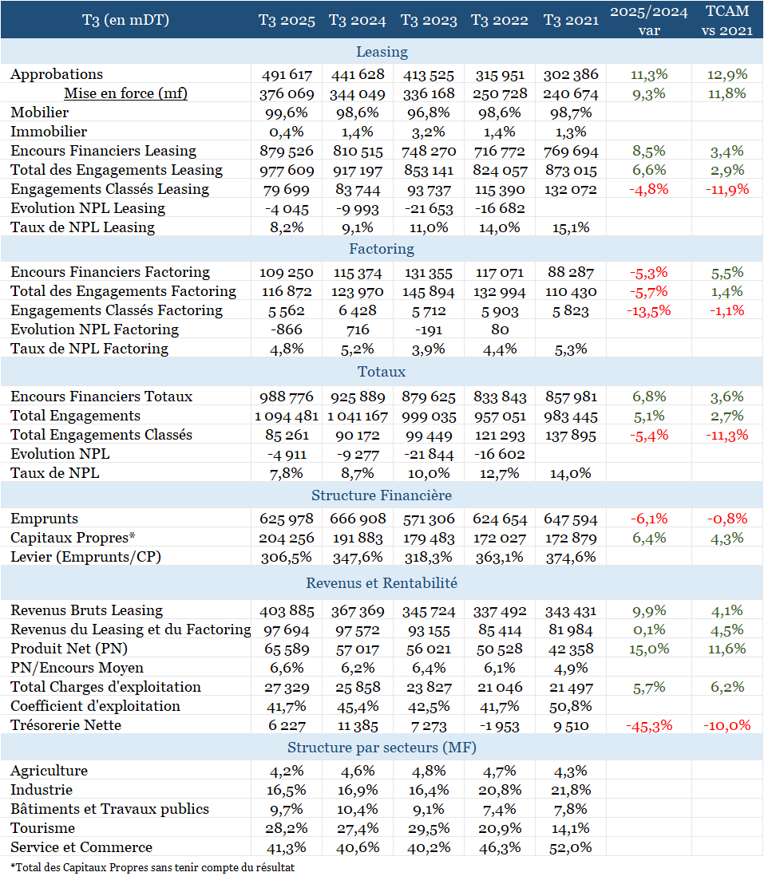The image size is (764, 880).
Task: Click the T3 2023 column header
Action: pyautogui.click(x=429, y=20)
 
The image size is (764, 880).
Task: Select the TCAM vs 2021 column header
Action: pyautogui.click(x=727, y=20)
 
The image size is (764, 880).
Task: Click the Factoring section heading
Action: pyautogui.click(x=382, y=249)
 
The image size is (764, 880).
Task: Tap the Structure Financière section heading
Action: pyautogui.click(x=382, y=495)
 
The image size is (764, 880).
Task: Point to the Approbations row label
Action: pyautogui.click(x=57, y=74)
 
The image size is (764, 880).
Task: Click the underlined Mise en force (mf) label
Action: pyautogui.click(x=126, y=93)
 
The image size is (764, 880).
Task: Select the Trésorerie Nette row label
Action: pyautogui.click(x=65, y=725)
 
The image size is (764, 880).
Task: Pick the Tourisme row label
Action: pyautogui.click(x=42, y=828)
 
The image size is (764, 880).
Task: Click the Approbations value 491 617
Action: pyautogui.click(x=287, y=75)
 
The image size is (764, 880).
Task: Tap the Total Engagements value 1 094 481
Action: pyautogui.click(x=287, y=416)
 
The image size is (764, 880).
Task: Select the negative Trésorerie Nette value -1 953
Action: pyautogui.click(x=500, y=726)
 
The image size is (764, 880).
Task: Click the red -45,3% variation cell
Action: pyautogui.click(x=649, y=726)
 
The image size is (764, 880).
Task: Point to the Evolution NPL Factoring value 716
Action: pyautogui.click(x=358, y=330)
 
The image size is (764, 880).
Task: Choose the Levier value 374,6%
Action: pyautogui.click(x=571, y=558)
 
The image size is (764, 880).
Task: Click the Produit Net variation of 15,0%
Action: pyautogui.click(x=649, y=649)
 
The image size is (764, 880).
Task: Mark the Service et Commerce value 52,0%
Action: pyautogui.click(x=571, y=847)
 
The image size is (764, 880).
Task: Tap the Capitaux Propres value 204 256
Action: pyautogui.click(x=287, y=539)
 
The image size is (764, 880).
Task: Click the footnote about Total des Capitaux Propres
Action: pyautogui.click(x=152, y=867)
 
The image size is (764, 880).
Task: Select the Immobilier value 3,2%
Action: pyautogui.click(x=429, y=132)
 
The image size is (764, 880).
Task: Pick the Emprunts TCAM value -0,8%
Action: pyautogui.click(x=727, y=519)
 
